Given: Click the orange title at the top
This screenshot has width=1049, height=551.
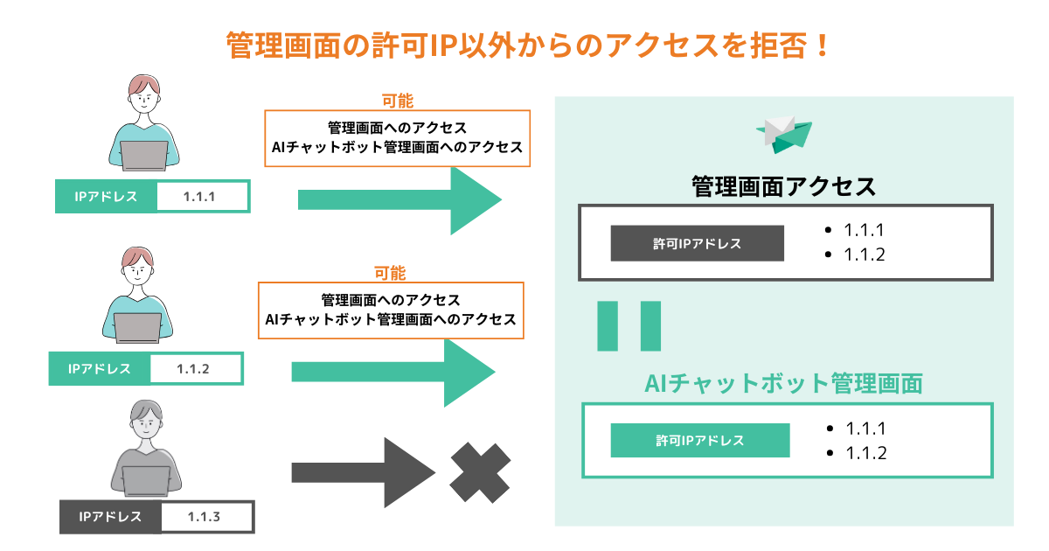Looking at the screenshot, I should tap(524, 45).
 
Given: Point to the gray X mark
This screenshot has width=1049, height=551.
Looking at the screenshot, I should tap(480, 473).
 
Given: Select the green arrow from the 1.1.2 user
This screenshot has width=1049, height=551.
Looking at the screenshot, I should tap(393, 372).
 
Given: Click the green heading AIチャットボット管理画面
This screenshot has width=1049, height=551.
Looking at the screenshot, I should tap(783, 383).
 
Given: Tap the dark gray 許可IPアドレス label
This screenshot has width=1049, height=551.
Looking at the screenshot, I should tap(697, 244).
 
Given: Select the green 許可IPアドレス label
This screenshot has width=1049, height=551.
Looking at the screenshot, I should tap(699, 440).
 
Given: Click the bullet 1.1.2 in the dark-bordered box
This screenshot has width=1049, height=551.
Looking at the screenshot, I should tap(865, 255).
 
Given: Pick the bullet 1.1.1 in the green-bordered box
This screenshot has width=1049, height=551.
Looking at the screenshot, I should tap(866, 429).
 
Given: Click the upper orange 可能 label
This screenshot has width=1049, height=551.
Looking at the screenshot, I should tap(398, 101).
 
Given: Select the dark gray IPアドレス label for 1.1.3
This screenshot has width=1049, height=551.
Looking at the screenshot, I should tap(110, 516).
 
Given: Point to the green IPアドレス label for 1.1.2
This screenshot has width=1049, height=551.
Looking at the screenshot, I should tap(99, 368).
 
